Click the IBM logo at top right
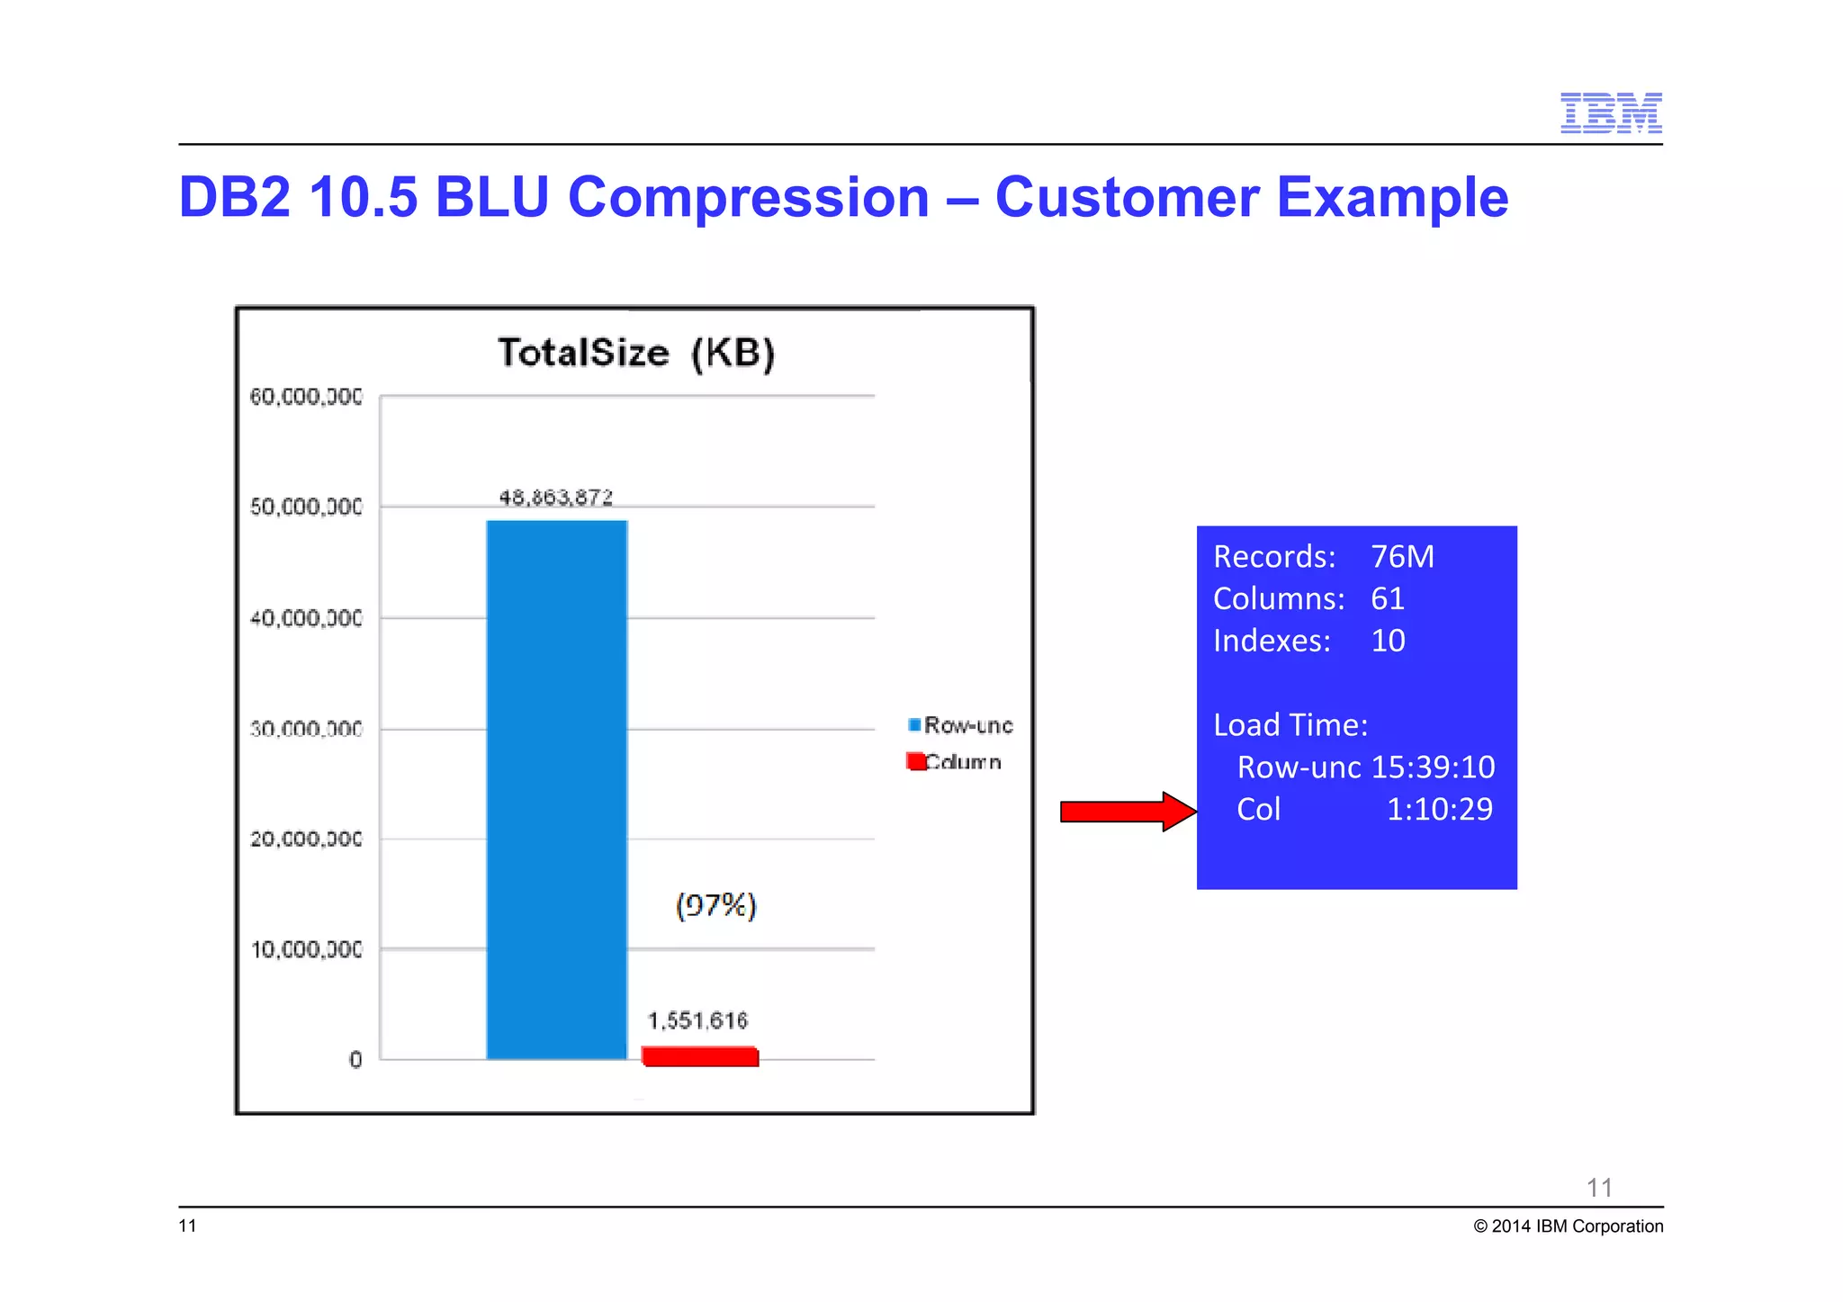pyautogui.click(x=1610, y=113)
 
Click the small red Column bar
pyautogui.click(x=700, y=1056)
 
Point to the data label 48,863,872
pyautogui.click(x=555, y=498)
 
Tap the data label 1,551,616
pyautogui.click(x=697, y=1020)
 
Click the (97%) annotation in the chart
pyautogui.click(x=715, y=905)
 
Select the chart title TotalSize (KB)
pyautogui.click(x=635, y=353)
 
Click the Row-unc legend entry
pyautogui.click(x=960, y=725)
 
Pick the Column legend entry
pyautogui.click(x=955, y=762)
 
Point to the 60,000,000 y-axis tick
pyautogui.click(x=306, y=397)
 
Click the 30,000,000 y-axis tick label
pyautogui.click(x=306, y=729)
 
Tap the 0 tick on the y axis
pyautogui.click(x=355, y=1060)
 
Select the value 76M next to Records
pyautogui.click(x=1402, y=557)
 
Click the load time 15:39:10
pyautogui.click(x=1433, y=768)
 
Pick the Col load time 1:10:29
pyautogui.click(x=1439, y=810)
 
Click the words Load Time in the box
pyautogui.click(x=1290, y=725)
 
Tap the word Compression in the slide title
pyautogui.click(x=748, y=197)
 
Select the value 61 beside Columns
pyautogui.click(x=1387, y=599)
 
